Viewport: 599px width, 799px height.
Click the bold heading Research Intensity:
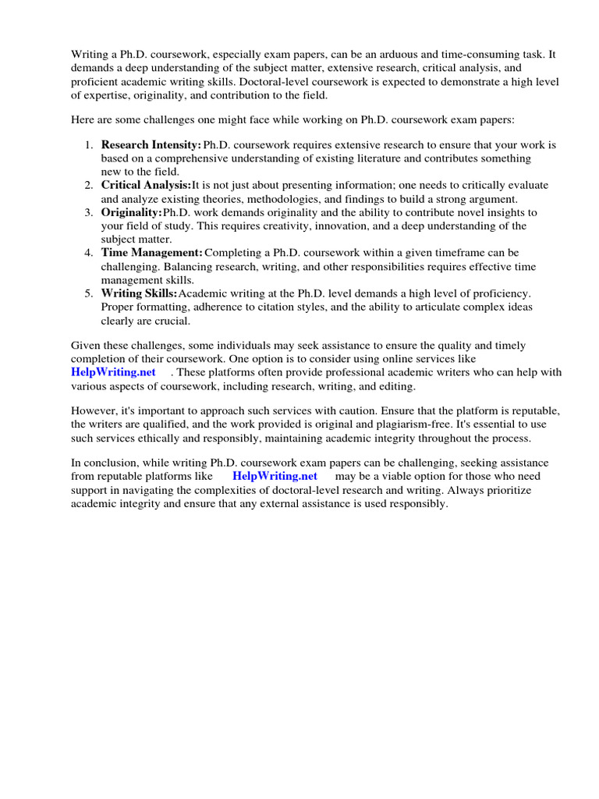tap(151, 145)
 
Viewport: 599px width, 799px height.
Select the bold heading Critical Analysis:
tap(146, 185)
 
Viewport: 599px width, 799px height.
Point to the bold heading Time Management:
tap(152, 253)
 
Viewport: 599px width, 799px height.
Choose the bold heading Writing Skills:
tap(140, 293)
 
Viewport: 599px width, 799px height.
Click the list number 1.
tap(88, 145)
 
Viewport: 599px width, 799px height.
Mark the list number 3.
tap(88, 212)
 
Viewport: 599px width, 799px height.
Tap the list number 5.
tap(88, 293)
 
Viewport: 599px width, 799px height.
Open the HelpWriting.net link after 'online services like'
tap(113, 372)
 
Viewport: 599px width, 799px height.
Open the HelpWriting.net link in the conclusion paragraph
tap(275, 476)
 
